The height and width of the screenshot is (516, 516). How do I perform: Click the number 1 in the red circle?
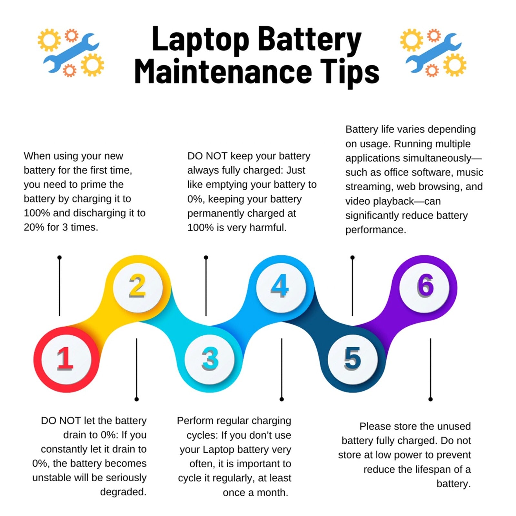66,359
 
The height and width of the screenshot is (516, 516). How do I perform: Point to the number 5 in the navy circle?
352,359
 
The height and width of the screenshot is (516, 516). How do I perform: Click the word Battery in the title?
310,41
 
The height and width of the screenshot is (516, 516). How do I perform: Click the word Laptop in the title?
200,41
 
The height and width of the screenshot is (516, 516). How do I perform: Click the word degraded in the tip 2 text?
123,492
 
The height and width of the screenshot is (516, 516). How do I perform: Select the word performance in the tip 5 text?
376,230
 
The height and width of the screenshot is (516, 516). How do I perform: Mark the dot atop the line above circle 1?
59,257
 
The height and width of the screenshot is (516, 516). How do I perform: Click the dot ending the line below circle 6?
431,399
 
